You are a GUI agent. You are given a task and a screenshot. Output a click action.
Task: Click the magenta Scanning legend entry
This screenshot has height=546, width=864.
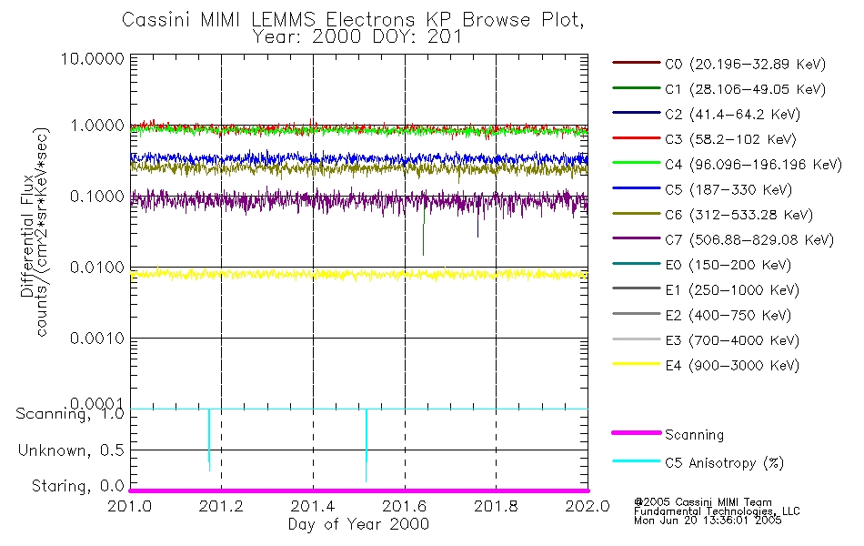tap(695, 435)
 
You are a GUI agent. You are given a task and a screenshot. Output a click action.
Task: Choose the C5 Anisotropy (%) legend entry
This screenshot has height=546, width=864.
tap(724, 463)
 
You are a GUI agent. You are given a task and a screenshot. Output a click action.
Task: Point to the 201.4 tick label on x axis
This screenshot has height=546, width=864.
tap(313, 505)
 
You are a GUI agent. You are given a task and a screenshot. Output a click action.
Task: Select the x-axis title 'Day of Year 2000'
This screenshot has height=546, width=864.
tap(358, 524)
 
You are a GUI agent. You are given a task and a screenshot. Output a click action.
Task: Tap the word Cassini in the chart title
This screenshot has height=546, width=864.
tap(150, 19)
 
